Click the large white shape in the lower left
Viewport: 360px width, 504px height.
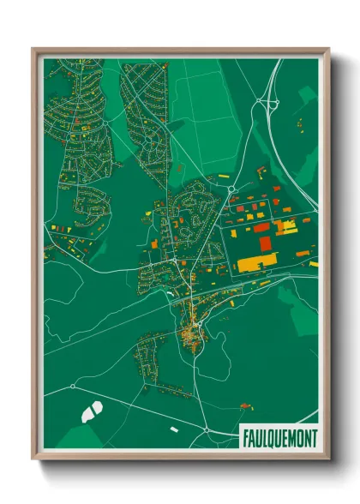pyautogui.click(x=92, y=410)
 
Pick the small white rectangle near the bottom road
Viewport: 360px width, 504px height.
pyautogui.click(x=175, y=429)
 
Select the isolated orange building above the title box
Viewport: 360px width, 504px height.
pyautogui.click(x=247, y=403)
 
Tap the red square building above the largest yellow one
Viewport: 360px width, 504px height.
pyautogui.click(x=265, y=243)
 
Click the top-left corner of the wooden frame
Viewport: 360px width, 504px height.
pyautogui.click(x=33, y=49)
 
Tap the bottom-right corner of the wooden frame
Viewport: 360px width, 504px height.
pyautogui.click(x=328, y=459)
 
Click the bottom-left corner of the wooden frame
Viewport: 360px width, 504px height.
pyautogui.click(x=33, y=459)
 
